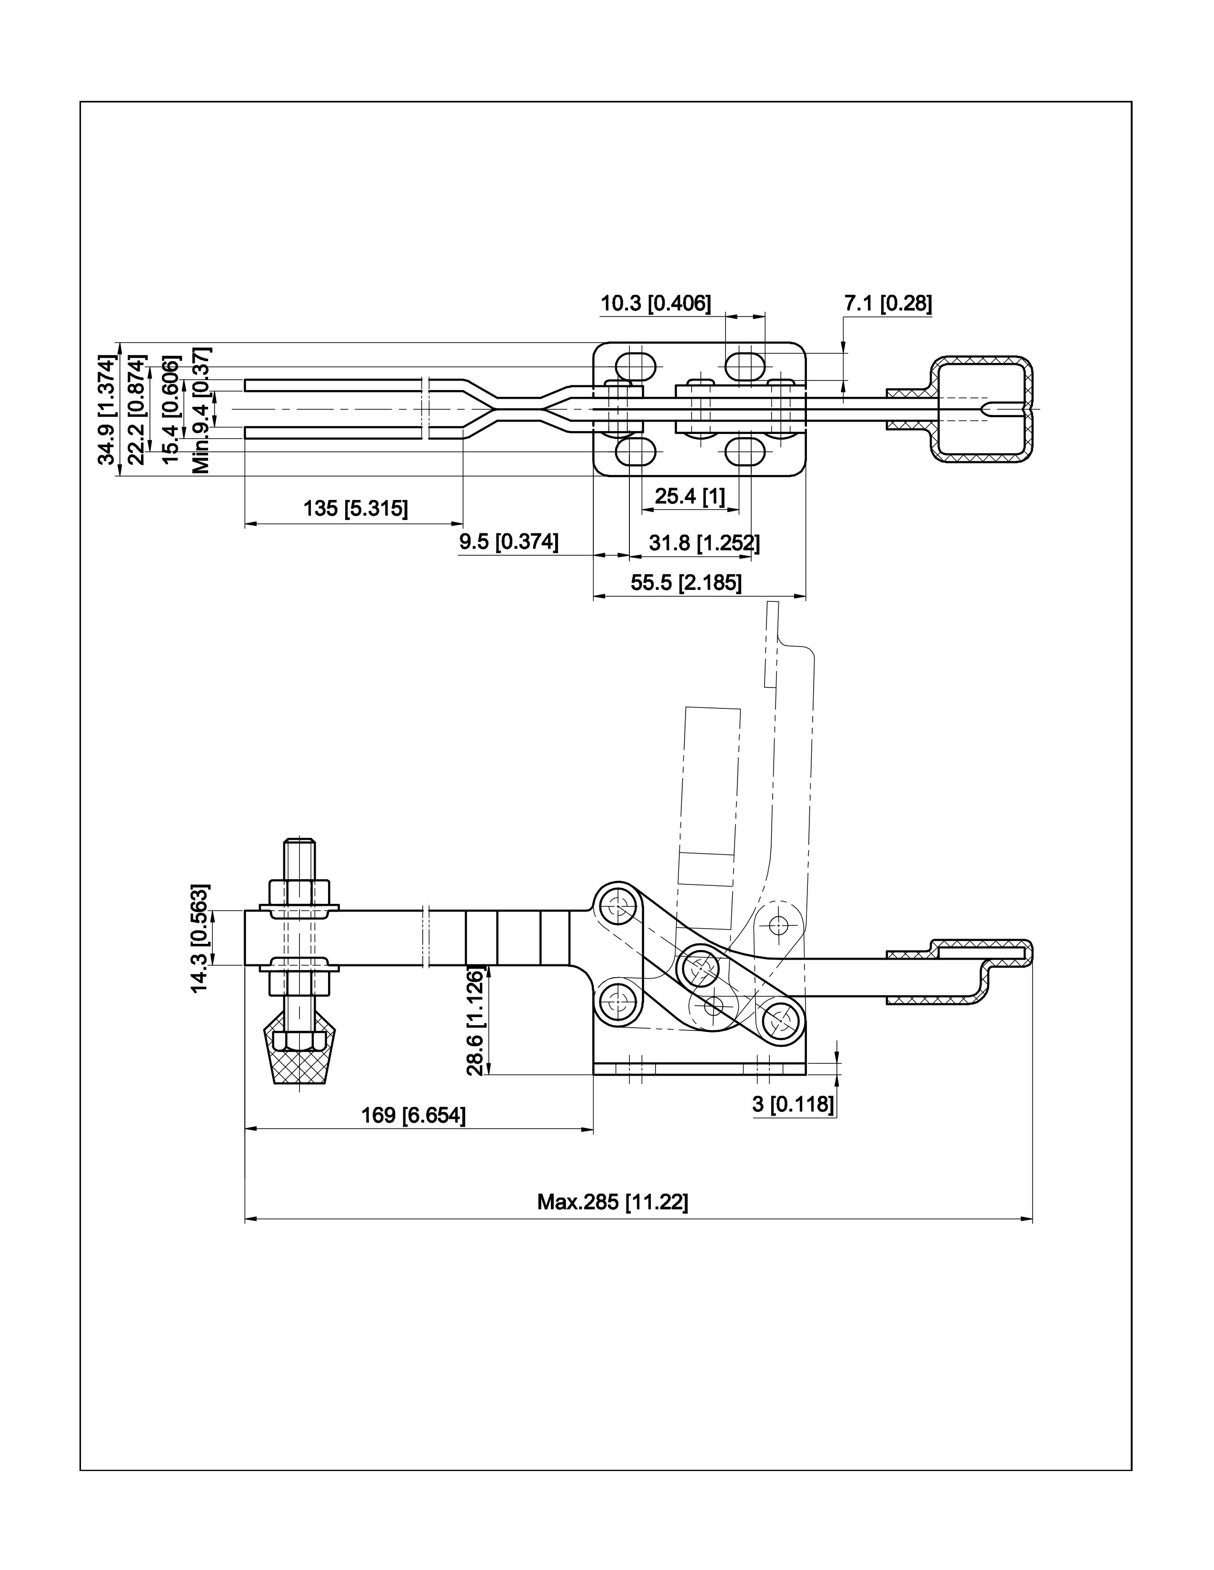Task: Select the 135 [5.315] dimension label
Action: [x=355, y=508]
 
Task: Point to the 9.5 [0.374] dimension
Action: [x=508, y=542]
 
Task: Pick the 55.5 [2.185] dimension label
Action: [x=686, y=582]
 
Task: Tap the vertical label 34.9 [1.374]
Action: [x=107, y=409]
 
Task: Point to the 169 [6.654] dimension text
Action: [x=413, y=1115]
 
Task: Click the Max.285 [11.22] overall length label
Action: [x=612, y=1201]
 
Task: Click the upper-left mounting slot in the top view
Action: [x=637, y=365]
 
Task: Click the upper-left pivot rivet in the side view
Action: [x=615, y=907]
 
